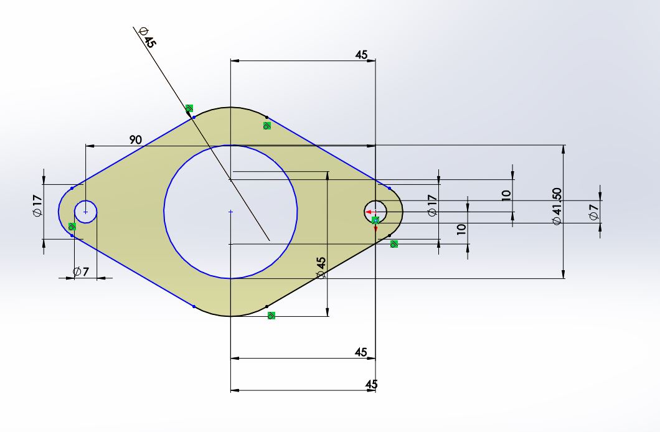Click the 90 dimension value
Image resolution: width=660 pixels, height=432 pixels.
[136, 140]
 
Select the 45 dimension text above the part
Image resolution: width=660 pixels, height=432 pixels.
[361, 55]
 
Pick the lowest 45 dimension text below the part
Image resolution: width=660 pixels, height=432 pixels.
[371, 384]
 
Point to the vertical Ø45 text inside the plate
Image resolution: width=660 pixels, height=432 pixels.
[321, 267]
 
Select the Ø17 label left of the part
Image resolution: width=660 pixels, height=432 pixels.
[37, 205]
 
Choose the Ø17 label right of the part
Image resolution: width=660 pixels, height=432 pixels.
[432, 205]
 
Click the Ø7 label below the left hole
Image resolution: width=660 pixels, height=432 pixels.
[81, 271]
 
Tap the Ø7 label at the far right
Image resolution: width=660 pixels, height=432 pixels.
[593, 212]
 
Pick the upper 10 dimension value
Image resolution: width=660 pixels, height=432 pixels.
[506, 194]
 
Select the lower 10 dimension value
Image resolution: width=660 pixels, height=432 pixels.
[461, 228]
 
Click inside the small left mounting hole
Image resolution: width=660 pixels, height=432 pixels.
[86, 212]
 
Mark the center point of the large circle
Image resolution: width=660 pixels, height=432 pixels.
[230, 212]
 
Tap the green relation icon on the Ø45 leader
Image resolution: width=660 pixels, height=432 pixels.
[189, 108]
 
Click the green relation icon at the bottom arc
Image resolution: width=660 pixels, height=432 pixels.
[271, 316]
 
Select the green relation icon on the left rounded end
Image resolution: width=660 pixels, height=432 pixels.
[72, 227]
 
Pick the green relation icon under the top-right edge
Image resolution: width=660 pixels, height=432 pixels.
[267, 125]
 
